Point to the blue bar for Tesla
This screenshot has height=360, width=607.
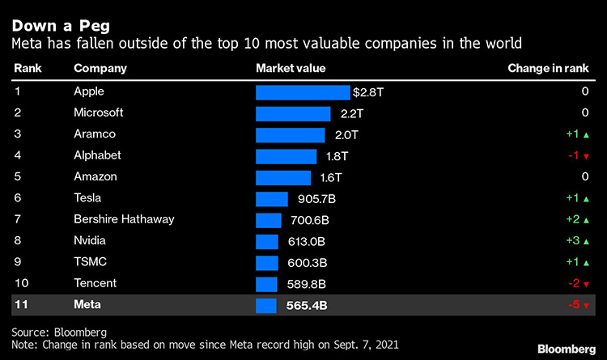272,198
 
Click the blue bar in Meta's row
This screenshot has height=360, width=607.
266,305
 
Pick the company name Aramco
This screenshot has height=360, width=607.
95,134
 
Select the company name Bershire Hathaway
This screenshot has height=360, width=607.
124,219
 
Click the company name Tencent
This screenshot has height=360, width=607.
96,283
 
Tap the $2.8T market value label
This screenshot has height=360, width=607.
369,92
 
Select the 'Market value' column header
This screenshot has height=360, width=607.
290,69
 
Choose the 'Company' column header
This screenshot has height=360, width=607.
99,69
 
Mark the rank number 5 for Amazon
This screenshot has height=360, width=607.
18,176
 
